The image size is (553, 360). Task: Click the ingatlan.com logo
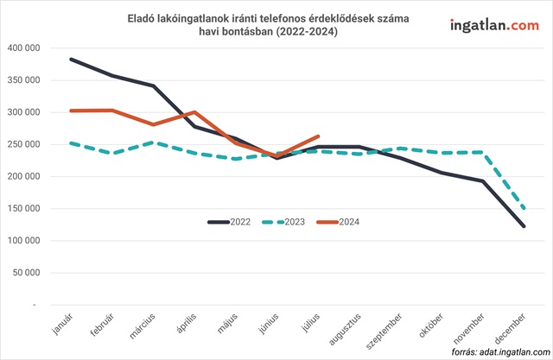[x=493, y=26]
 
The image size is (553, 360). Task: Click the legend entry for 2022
[x=230, y=222]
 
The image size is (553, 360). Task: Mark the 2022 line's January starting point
[x=72, y=60]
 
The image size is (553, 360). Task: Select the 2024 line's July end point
[x=319, y=136]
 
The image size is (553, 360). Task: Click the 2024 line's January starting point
[x=72, y=111]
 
